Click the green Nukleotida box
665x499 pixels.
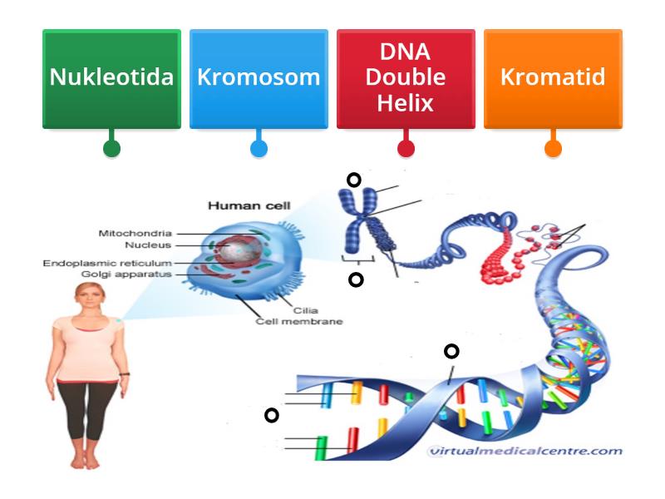tap(111, 78)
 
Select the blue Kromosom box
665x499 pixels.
tap(259, 78)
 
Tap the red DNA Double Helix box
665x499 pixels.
tap(406, 78)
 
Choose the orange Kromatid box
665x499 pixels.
tap(553, 78)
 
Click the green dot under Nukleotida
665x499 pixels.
tap(111, 149)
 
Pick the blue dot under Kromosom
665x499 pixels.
tap(259, 149)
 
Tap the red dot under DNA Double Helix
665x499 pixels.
tap(406, 149)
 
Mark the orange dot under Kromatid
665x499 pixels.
tap(553, 149)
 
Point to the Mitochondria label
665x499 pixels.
tap(135, 234)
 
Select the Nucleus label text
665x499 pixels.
tap(148, 245)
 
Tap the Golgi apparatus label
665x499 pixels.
tap(126, 274)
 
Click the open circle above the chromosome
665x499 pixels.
tap(354, 180)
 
